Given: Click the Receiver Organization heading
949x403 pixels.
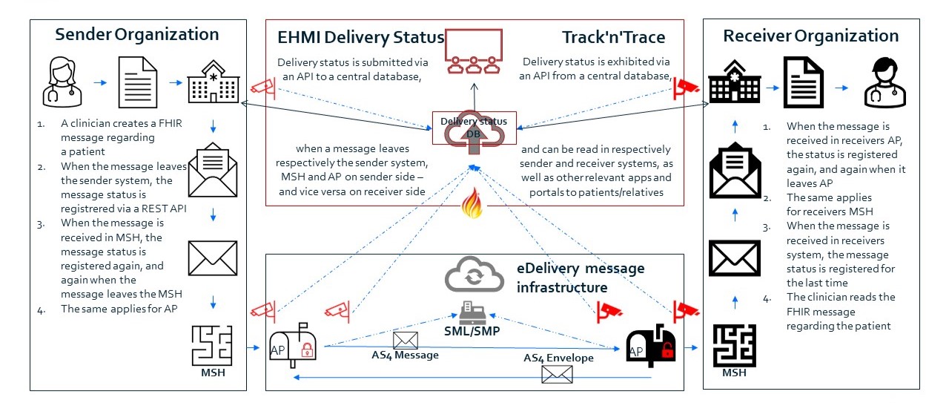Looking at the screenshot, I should (810, 36).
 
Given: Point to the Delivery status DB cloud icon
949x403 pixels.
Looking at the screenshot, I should (471, 134).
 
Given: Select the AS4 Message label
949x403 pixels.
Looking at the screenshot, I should (405, 355).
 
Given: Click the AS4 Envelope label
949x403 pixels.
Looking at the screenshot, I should (558, 358).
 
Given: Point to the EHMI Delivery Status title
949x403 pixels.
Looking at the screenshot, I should (360, 37).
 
